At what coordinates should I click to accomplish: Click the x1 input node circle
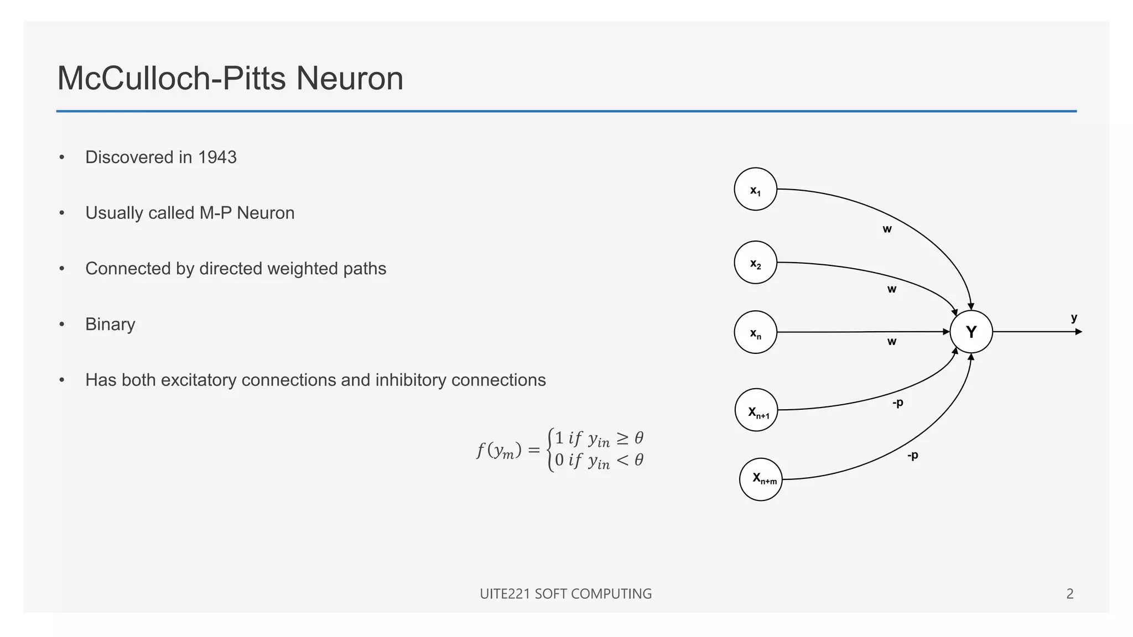point(755,189)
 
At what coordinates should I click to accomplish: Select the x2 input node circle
point(755,263)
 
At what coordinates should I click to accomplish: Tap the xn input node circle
point(755,332)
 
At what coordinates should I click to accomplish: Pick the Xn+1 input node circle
point(756,410)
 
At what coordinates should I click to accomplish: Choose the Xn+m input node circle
point(761,479)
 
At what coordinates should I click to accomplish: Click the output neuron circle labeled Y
point(971,332)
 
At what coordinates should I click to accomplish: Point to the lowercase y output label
point(1074,318)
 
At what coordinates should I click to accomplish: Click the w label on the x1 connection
point(887,229)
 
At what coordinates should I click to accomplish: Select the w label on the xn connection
point(892,342)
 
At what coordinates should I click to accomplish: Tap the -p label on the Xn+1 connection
point(897,403)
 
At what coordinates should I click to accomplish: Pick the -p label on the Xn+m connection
point(912,456)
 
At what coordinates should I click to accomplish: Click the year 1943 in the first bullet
point(217,158)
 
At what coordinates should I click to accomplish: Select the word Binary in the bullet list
point(110,325)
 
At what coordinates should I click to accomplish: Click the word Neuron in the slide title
point(350,79)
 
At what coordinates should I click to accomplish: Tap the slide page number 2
point(1070,594)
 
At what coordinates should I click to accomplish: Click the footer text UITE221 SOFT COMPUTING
point(565,594)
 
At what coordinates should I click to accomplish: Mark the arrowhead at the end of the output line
point(1079,332)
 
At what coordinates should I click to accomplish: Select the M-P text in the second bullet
point(215,213)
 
